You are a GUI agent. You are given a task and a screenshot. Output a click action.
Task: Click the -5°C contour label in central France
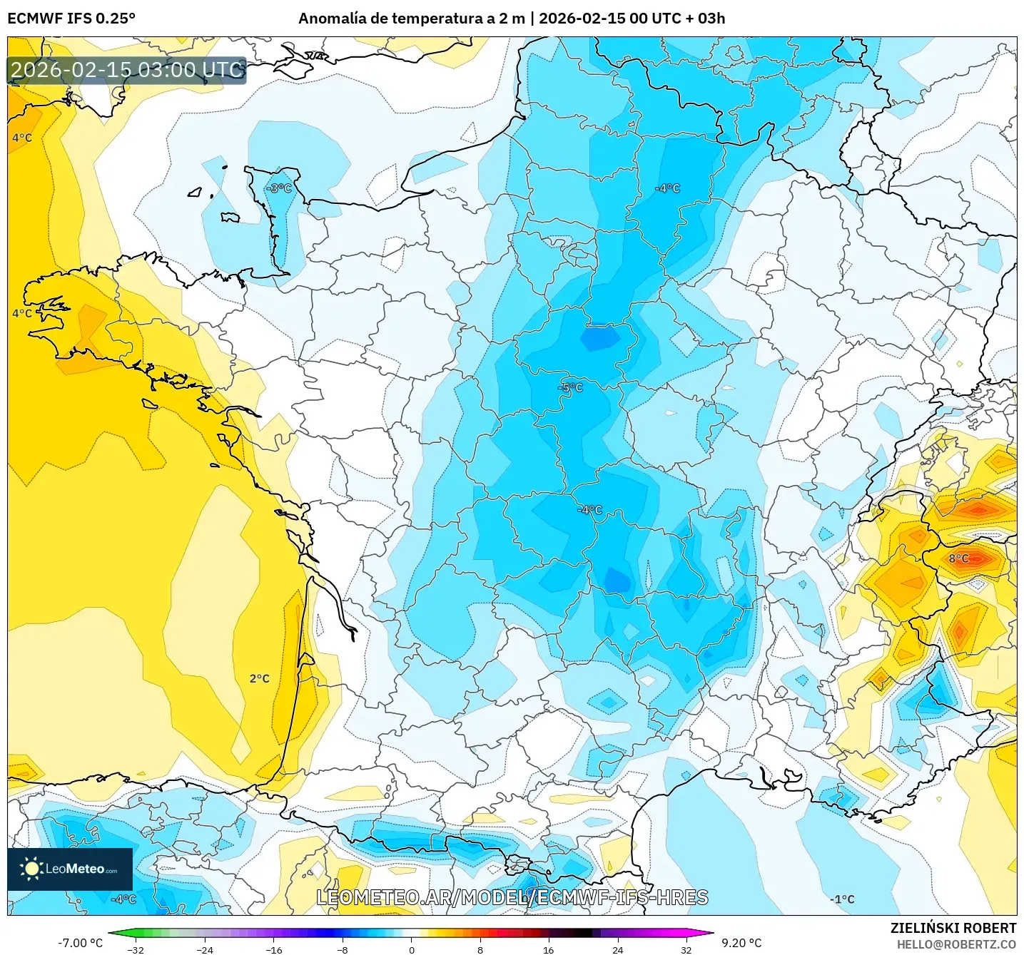(570, 388)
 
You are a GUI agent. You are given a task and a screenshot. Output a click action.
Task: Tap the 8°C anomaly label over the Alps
(958, 558)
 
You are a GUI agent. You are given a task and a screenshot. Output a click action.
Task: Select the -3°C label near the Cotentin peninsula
(279, 188)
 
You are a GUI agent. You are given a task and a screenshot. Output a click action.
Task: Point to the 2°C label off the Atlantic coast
(259, 678)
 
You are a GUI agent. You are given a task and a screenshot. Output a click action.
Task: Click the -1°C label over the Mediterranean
(842, 899)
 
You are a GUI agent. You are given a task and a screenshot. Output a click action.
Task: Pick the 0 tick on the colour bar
(411, 949)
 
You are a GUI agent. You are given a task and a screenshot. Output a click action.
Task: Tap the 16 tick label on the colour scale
(548, 949)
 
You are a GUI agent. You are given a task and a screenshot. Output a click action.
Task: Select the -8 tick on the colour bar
(343, 949)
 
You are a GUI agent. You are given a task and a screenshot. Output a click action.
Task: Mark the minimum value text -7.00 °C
(80, 943)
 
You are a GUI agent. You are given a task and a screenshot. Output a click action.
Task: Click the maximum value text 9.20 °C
(741, 943)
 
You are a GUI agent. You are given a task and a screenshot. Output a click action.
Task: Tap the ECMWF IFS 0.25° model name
(71, 19)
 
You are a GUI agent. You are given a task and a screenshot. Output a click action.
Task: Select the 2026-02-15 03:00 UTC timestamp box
(127, 71)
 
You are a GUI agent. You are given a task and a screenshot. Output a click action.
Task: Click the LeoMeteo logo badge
(70, 869)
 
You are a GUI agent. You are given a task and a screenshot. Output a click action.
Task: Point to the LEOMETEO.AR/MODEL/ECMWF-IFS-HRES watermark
(512, 898)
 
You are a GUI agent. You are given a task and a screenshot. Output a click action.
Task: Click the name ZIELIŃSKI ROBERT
(953, 928)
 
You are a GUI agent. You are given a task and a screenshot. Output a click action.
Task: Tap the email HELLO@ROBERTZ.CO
(956, 944)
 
